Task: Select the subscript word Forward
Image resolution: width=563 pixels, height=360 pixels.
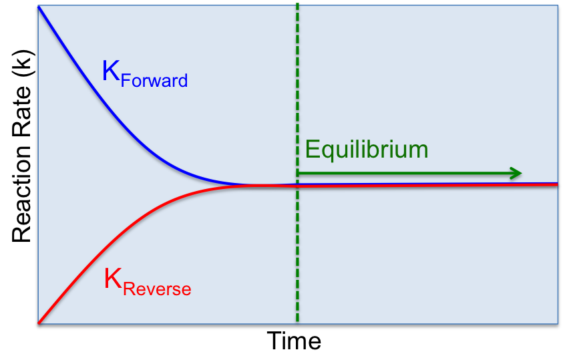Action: coord(154,81)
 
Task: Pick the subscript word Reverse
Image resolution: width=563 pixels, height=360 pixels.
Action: coord(158,289)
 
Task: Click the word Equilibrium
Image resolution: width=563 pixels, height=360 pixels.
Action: coord(366,150)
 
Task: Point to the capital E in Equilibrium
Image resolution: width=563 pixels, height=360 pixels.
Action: coord(312,149)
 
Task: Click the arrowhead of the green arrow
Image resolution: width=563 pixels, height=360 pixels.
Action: coord(516,173)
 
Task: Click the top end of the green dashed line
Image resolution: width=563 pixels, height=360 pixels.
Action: coord(297,5)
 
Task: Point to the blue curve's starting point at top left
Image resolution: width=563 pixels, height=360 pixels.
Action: coord(39,7)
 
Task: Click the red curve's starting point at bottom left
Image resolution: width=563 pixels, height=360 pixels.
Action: coord(39,323)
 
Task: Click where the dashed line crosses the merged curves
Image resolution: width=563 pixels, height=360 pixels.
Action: coord(297,185)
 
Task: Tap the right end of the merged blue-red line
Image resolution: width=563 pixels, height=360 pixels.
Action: coord(556,184)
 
